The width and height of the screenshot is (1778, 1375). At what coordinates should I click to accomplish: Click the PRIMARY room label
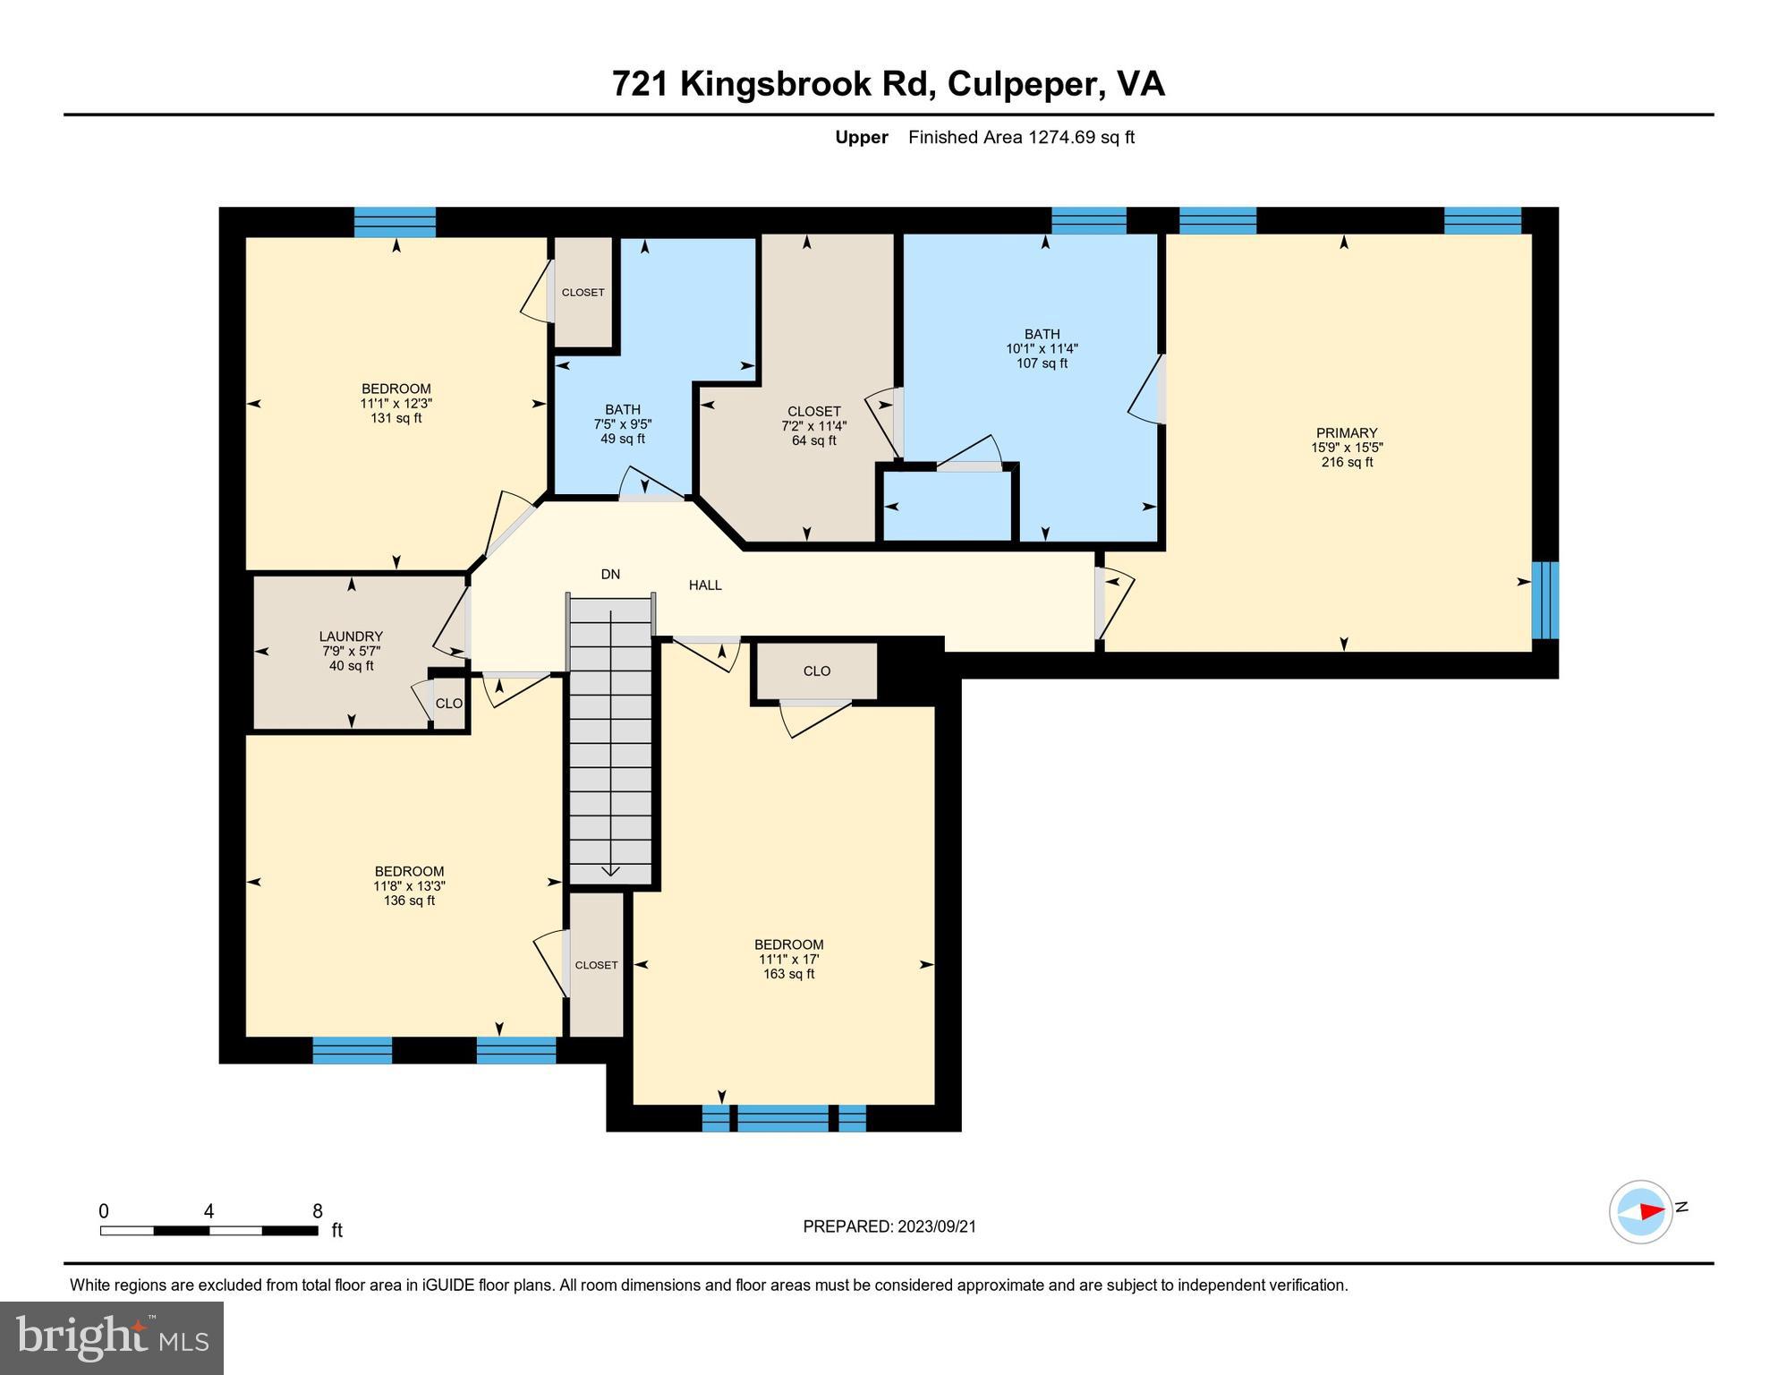click(x=1346, y=432)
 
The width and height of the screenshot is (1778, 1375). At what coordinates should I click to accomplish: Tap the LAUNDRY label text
click(x=351, y=636)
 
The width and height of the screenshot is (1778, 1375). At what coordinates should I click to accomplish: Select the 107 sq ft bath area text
click(x=1042, y=363)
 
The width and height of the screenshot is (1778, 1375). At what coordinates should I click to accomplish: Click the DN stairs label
click(x=610, y=575)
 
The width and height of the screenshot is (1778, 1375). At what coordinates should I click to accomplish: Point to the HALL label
click(x=705, y=585)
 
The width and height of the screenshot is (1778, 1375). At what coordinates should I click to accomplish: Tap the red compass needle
click(x=1652, y=1211)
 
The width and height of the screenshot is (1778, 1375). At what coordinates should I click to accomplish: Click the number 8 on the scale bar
click(x=317, y=1211)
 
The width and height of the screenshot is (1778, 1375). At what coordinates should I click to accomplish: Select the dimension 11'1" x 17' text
click(x=788, y=960)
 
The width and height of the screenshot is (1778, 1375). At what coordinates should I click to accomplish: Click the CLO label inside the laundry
click(x=449, y=704)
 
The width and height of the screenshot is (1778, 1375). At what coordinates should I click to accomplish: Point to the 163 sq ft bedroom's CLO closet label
click(x=816, y=671)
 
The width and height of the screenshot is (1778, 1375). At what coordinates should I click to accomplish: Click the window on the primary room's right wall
click(x=1545, y=600)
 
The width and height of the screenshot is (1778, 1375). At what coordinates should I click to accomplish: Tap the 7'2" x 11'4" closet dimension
click(x=813, y=426)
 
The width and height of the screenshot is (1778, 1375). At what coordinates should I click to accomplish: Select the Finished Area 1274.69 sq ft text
click(x=1020, y=137)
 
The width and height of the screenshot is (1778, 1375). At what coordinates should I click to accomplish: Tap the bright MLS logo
click(x=112, y=1337)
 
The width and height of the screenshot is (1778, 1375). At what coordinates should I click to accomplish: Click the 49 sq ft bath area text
click(x=622, y=439)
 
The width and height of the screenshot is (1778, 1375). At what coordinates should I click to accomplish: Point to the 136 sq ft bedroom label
click(x=409, y=871)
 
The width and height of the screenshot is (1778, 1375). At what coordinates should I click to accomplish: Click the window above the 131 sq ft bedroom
click(x=395, y=221)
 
